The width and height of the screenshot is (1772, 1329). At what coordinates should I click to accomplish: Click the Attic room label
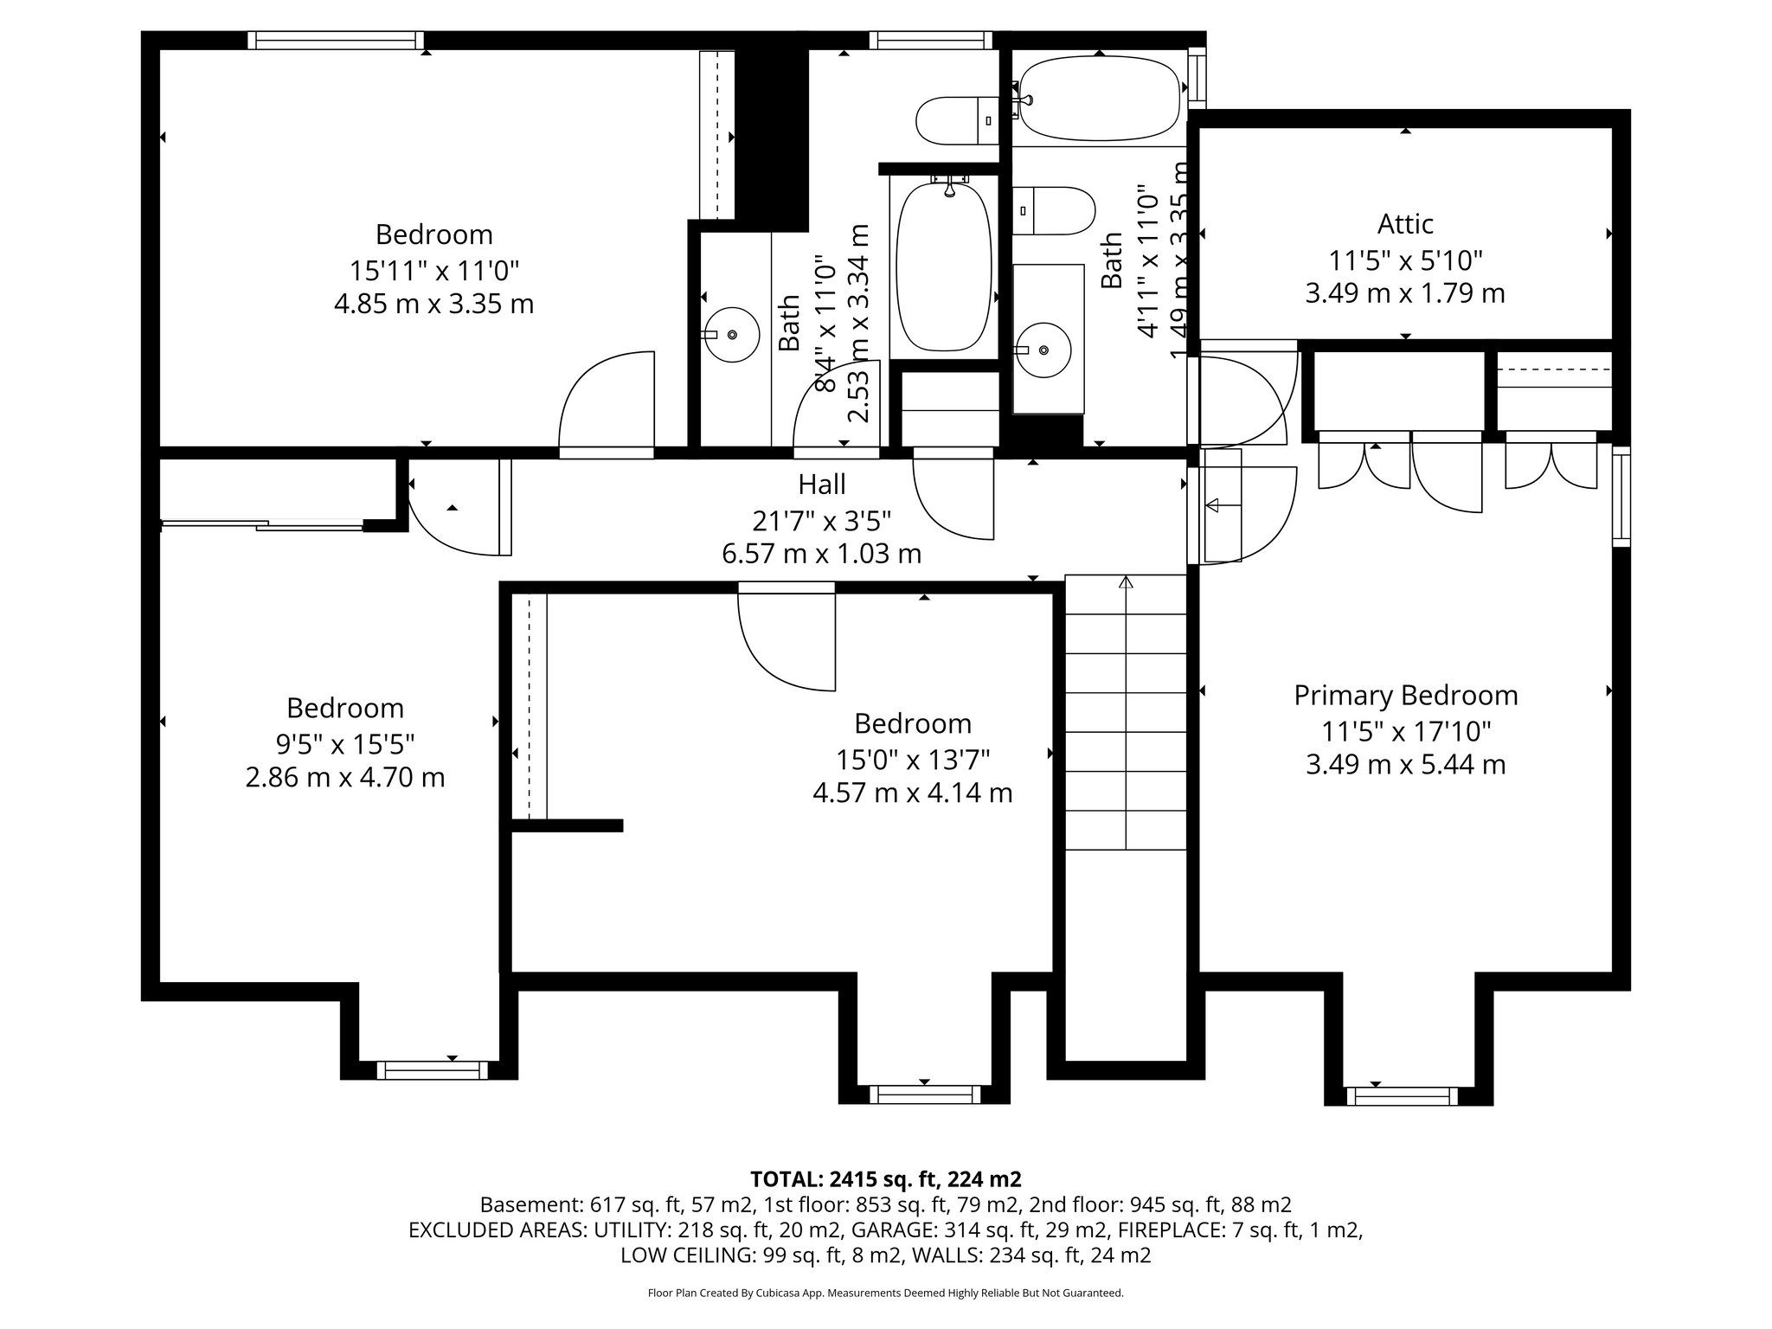(x=1405, y=224)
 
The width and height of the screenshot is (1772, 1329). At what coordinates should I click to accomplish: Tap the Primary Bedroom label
(x=1405, y=696)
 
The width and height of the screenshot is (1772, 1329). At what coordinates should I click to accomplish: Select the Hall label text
(x=821, y=484)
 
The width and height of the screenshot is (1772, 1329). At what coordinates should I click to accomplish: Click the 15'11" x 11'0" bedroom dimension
(x=433, y=271)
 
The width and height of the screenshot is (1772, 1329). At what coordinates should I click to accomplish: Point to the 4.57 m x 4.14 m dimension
(x=912, y=793)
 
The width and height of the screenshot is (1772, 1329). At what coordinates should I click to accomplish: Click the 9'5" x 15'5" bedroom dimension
(x=344, y=743)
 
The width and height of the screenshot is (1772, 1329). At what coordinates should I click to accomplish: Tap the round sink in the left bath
(x=731, y=334)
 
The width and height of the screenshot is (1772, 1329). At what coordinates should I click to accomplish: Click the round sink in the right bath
(x=1044, y=350)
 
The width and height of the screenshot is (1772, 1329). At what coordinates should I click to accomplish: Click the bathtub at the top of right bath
(x=1099, y=99)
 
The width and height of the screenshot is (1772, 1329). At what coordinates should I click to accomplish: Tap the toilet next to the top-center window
(x=956, y=121)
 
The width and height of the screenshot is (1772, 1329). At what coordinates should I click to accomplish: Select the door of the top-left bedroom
(x=607, y=402)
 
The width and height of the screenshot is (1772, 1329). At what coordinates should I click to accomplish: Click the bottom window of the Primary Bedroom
(x=1402, y=1096)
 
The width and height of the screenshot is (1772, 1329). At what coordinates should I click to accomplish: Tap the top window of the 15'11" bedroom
(x=335, y=40)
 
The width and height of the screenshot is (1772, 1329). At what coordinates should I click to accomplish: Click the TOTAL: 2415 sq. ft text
(x=885, y=1179)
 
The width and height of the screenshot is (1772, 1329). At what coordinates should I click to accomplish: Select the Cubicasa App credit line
(x=885, y=1294)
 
